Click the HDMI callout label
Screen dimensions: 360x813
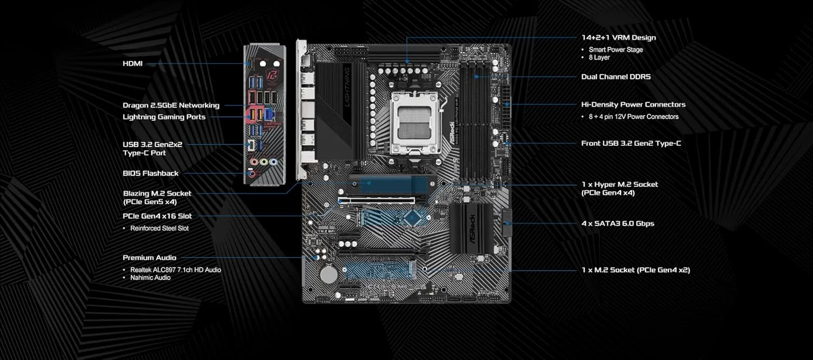pos(132,63)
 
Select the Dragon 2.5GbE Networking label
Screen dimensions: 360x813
pos(171,105)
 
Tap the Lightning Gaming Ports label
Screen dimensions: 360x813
pos(164,117)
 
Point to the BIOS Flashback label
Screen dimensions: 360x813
pos(150,173)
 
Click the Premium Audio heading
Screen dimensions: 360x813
pos(149,258)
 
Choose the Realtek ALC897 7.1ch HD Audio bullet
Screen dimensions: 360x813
pos(175,269)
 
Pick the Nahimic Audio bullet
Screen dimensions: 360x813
pos(150,278)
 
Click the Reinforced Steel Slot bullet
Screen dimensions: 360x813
pos(159,228)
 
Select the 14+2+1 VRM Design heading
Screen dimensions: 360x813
pos(618,37)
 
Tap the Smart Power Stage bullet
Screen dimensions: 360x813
pos(615,49)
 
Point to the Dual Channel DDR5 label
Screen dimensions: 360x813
pos(616,76)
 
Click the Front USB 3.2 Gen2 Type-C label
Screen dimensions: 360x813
pos(631,143)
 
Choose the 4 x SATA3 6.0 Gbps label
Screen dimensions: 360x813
pos(617,223)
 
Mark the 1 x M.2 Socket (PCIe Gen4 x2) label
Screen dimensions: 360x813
pos(635,269)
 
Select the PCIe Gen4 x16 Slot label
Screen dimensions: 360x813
pos(157,216)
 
